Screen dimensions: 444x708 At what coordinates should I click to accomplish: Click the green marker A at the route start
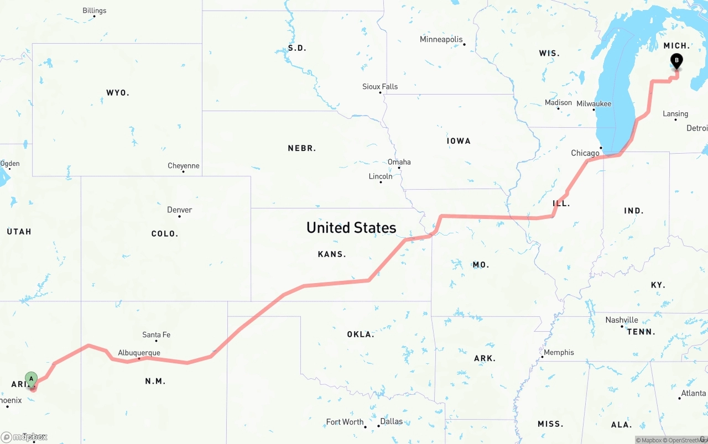[32, 379]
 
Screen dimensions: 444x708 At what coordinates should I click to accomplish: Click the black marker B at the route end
[676, 61]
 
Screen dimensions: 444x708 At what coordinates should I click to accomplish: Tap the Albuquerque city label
[139, 353]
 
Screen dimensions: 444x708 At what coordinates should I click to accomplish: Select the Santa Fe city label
[156, 335]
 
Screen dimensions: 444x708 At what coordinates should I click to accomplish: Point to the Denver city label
[179, 210]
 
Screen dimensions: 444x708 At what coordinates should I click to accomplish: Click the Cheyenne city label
[183, 166]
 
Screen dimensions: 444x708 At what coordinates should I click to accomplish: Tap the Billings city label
[94, 11]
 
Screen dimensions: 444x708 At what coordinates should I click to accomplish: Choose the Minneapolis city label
[441, 39]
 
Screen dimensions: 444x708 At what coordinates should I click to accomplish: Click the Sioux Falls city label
[379, 87]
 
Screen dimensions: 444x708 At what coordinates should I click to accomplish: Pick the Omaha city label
[399, 162]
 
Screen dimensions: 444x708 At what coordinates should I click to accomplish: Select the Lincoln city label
[380, 176]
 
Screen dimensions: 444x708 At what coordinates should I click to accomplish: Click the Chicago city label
[585, 153]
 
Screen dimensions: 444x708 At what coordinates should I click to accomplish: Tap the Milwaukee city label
[594, 104]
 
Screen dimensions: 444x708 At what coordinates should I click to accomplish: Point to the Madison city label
[558, 103]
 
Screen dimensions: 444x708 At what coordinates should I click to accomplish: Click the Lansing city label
[675, 114]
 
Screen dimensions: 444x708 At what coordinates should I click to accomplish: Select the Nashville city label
[621, 320]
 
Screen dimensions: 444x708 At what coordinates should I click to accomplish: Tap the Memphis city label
[559, 353]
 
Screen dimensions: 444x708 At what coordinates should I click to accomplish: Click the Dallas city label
[391, 421]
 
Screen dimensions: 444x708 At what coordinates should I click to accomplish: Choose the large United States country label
[351, 227]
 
